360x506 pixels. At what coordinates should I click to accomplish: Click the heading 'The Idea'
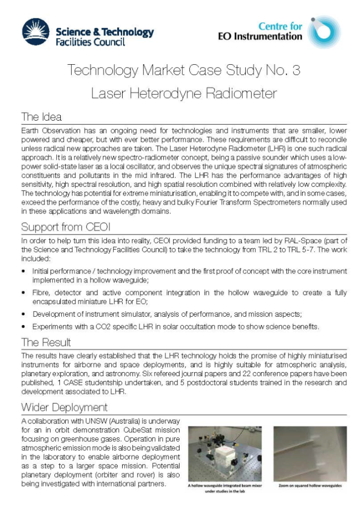(41, 117)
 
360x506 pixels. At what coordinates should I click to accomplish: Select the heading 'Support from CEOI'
(65, 228)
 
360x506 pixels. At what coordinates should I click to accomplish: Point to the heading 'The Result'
(46, 342)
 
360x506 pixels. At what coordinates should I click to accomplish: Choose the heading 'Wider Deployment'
(64, 408)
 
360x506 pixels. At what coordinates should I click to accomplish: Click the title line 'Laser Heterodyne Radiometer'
(183, 92)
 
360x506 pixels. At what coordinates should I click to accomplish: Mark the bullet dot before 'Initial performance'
(24, 272)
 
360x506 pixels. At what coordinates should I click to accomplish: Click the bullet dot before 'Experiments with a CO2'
(24, 327)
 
